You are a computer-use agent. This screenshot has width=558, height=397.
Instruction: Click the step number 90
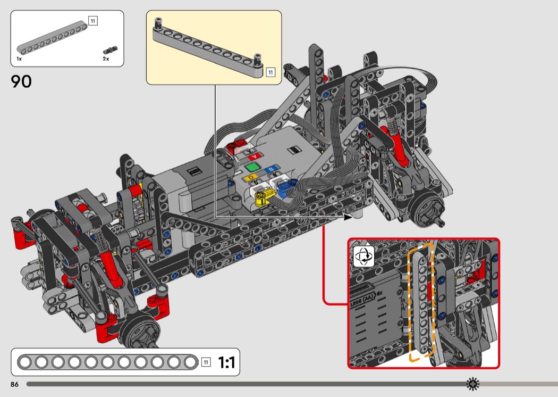pos(21,81)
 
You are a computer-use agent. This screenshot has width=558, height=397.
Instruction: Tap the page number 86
pos(14,384)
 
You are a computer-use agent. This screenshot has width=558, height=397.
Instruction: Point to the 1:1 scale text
pos(226,363)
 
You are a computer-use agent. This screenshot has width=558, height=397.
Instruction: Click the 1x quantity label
pos(19,59)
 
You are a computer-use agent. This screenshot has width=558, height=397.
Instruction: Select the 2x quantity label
pos(106,59)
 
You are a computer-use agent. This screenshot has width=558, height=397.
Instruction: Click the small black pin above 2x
pos(111,49)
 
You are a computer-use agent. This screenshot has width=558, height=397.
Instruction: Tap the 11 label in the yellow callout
pos(270,72)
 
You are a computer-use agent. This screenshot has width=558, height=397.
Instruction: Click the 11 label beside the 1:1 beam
pos(206,363)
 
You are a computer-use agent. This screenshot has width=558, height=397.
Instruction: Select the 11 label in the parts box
pos(93,21)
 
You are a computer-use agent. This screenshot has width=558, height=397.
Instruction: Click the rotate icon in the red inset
pos(364,256)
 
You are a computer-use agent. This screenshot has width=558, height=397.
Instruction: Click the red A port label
pos(256,156)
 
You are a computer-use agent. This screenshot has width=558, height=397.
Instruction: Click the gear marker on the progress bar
pos(472,384)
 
